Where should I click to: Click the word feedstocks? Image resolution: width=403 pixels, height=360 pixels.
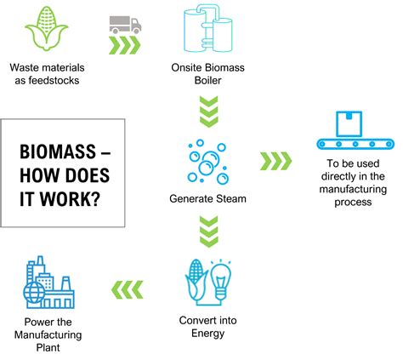click(x=51, y=81)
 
